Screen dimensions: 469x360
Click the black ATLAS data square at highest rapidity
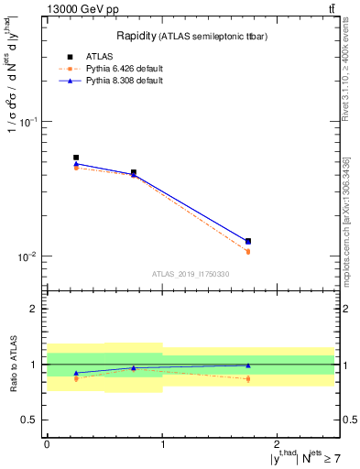point(248,241)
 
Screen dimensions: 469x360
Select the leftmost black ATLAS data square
point(76,158)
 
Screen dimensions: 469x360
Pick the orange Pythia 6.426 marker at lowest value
point(248,251)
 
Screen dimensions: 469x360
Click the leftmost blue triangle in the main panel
point(76,164)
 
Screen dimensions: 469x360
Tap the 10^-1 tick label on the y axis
point(30,122)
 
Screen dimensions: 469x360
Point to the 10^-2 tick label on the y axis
point(30,256)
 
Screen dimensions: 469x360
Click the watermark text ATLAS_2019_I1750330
point(191,274)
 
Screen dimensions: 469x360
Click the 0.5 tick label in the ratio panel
point(31,420)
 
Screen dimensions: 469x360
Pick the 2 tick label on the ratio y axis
point(35,310)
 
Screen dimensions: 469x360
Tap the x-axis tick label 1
point(162,444)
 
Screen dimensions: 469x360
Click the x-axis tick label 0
point(47,444)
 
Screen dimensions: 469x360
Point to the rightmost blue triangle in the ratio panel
point(248,365)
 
